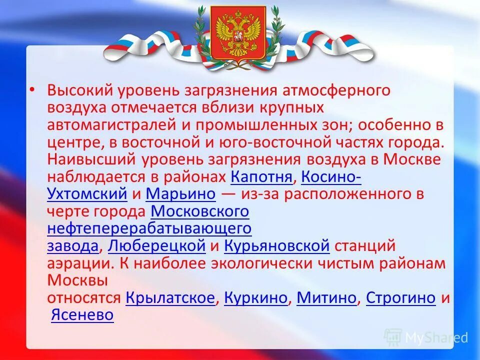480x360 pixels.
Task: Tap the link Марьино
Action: [181, 194]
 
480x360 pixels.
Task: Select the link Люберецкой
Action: [156, 246]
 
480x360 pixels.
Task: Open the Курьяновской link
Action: [276, 246]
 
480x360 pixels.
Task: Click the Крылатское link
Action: [170, 298]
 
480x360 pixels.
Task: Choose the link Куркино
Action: [256, 298]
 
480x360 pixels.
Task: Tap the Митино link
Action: [327, 298]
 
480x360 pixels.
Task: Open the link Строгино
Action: [401, 298]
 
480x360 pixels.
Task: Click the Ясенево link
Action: [82, 315]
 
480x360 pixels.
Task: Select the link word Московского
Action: [199, 211]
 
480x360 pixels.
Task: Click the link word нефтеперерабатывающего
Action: [149, 229]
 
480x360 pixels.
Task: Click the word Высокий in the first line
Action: [81, 91]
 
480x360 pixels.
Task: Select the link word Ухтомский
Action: [87, 194]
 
